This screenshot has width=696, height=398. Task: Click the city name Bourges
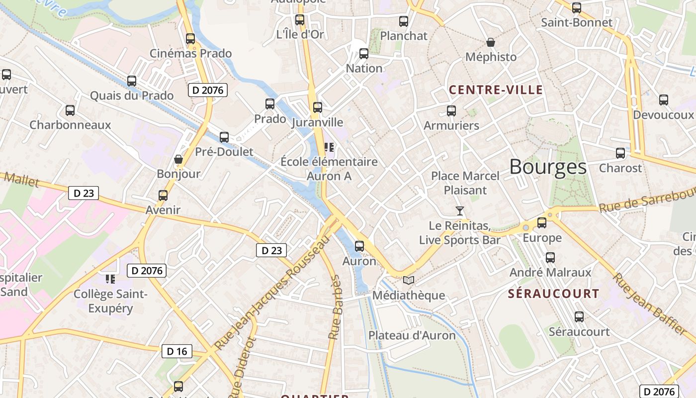pos(548,167)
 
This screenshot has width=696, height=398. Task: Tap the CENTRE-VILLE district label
pos(496,90)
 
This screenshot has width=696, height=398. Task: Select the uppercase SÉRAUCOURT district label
pos(553,294)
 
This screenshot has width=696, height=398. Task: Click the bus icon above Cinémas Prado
pos(190,39)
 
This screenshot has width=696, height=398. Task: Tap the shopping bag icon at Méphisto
pos(491,42)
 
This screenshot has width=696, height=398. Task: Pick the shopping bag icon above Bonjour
pos(178,159)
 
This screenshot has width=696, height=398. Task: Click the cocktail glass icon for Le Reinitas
pos(460,211)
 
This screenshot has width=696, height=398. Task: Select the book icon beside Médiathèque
pos(409,281)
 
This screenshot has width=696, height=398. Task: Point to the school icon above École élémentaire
pos(329,147)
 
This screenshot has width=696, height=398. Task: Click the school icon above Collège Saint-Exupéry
pos(110,279)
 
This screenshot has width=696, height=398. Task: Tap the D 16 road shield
pos(177,351)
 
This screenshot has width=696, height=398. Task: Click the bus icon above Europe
pos(542,223)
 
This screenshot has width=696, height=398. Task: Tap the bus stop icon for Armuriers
pos(451,111)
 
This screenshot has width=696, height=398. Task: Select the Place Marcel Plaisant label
pos(465,183)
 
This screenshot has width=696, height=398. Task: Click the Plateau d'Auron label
pos(412,335)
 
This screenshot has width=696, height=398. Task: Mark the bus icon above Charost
pos(620,153)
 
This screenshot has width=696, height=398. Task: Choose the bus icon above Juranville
pos(318,107)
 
